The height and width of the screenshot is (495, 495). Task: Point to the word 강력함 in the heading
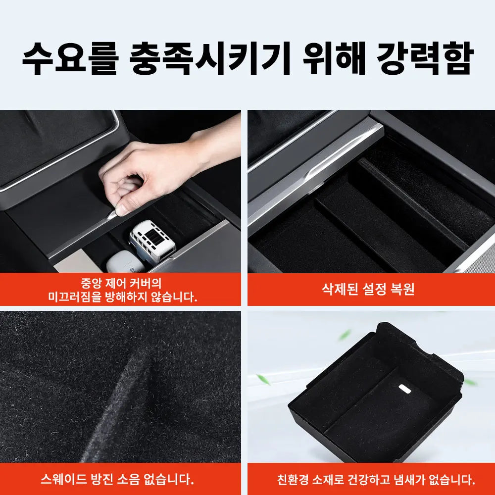coord(425,58)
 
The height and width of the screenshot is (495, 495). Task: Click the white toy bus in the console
coord(151,241)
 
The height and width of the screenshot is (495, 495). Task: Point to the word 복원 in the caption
coord(401,289)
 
